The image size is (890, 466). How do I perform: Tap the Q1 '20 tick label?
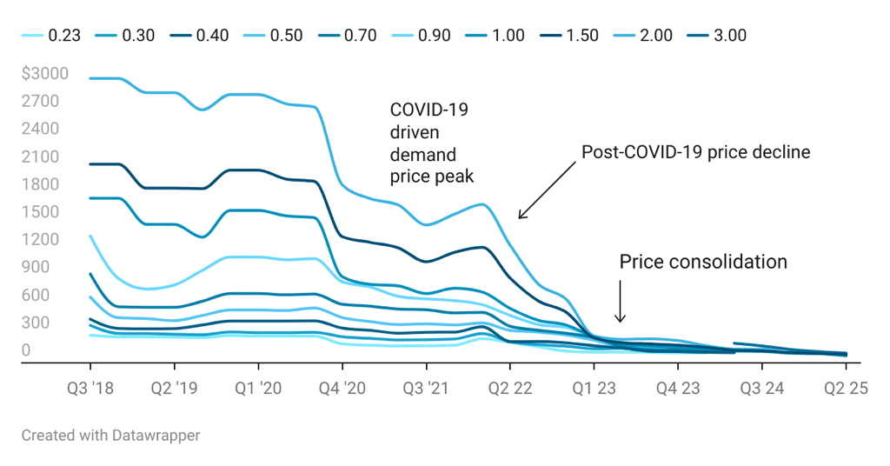257,387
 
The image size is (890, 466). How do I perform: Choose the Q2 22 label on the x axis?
509,387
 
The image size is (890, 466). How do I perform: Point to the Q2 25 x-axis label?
846,387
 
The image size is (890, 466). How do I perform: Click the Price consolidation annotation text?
703,262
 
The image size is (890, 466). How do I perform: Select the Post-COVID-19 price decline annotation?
695,152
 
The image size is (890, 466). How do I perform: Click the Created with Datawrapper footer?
110,435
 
